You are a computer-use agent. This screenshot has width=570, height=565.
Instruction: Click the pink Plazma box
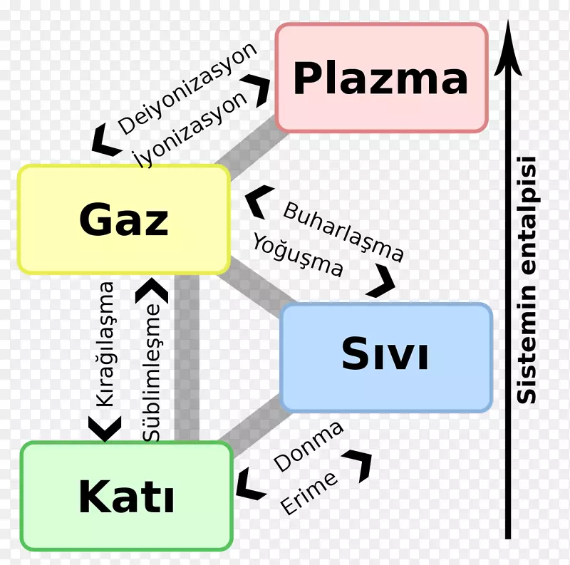381,78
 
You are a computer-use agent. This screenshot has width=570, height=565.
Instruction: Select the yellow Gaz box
124,219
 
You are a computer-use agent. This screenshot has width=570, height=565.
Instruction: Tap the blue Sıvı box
386,357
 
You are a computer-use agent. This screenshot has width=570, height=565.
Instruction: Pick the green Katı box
126,496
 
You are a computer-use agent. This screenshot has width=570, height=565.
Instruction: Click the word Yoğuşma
297,255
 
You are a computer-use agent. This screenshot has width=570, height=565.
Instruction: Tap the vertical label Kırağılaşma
105,344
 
